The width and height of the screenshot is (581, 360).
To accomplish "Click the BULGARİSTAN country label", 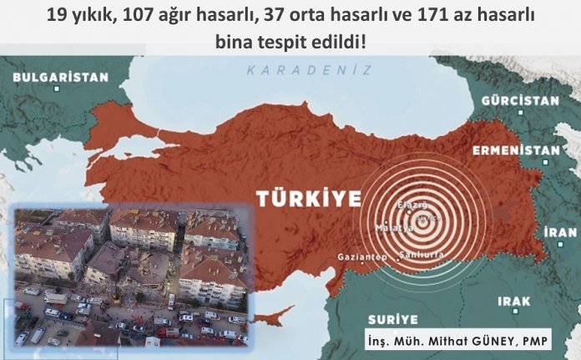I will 60,77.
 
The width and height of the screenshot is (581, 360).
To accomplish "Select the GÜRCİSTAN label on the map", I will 520,100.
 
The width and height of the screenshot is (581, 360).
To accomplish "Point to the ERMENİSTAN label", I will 515,150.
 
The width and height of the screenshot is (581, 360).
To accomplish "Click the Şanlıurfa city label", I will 422,254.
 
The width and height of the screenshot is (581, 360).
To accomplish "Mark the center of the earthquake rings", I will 426,218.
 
